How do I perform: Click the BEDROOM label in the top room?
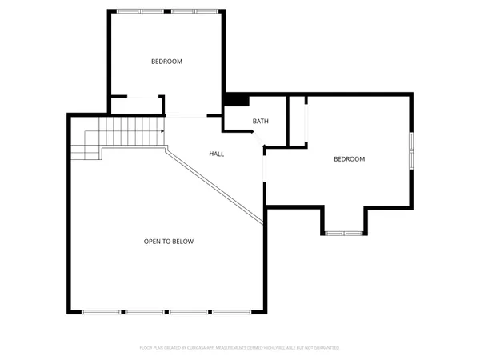click(167, 62)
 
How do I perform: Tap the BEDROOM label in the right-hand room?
click(349, 159)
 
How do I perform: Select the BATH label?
click(261, 122)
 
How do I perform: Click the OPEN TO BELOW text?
click(168, 242)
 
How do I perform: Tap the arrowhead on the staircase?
click(162, 131)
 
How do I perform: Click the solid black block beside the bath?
click(237, 100)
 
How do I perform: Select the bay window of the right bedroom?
click(345, 233)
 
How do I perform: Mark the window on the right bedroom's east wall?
click(411, 151)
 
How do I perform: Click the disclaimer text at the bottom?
click(239, 348)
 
